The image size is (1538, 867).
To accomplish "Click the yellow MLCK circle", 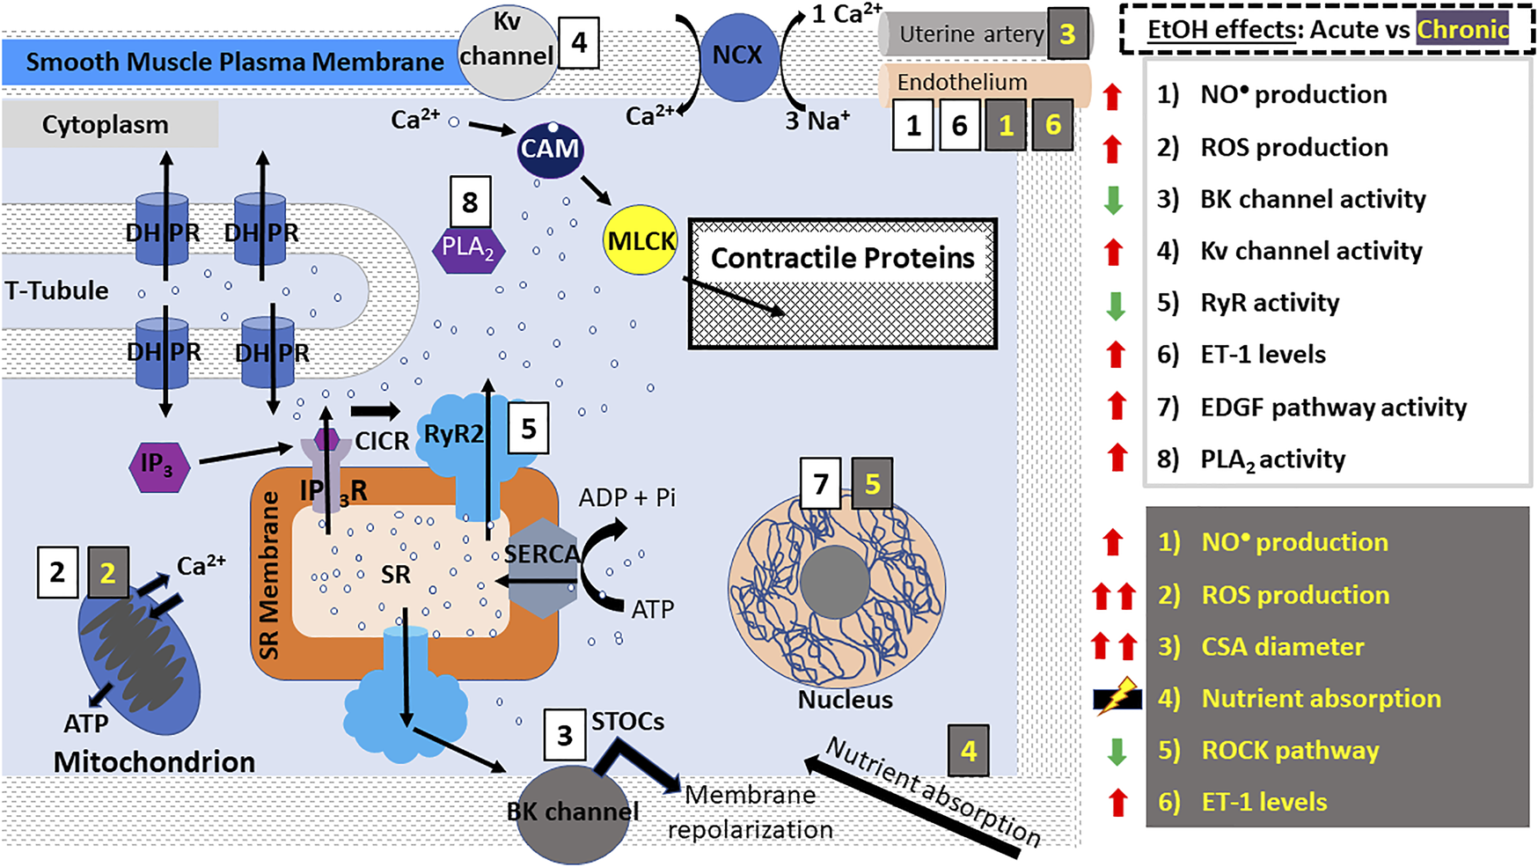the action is coord(641,239).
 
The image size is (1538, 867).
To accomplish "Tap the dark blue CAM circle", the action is coord(550,149).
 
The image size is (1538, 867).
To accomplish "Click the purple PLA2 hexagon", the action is coord(468,248).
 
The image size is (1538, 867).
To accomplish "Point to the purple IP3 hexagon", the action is coord(159,467).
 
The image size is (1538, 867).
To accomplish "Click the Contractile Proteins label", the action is coord(843,257).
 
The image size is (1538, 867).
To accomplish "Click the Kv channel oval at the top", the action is coord(507,49).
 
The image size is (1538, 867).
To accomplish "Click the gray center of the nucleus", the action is coord(835,581).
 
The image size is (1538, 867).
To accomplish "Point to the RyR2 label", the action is coord(453,434).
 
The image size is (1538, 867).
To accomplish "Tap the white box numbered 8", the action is coord(470,202).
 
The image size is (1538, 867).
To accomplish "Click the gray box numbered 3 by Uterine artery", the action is coord(1067,34).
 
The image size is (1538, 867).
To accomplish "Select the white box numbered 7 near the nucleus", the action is coord(821,483).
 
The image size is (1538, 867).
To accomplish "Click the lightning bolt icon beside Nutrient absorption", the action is coord(1117,698).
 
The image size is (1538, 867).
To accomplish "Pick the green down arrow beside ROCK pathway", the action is coord(1117,751).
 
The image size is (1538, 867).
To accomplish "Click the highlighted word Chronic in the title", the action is coord(1462,30).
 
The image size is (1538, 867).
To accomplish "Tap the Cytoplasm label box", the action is coord(110,124).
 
